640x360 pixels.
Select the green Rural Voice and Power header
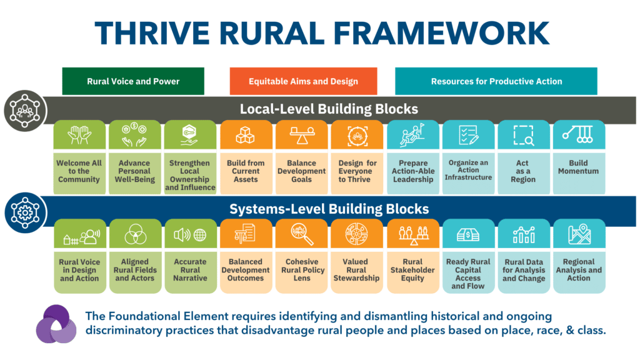click(133, 81)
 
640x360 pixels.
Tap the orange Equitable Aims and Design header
click(303, 81)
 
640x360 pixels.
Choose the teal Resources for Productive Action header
click(496, 81)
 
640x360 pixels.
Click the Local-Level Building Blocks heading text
click(329, 109)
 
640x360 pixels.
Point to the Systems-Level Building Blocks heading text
click(329, 209)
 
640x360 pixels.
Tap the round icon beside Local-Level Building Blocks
click(25, 111)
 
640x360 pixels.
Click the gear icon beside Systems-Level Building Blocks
click(25, 212)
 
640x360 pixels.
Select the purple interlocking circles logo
click(56, 324)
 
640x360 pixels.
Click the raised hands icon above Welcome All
click(79, 135)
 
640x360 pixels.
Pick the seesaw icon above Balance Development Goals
click(302, 135)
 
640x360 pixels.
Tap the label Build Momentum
click(578, 167)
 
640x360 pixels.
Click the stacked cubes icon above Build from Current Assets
click(245, 135)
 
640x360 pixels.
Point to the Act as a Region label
click(523, 171)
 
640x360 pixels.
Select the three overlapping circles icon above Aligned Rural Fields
click(135, 234)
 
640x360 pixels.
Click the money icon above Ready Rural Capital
click(467, 235)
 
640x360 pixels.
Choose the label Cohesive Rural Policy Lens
click(302, 270)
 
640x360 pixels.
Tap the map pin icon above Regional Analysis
click(579, 234)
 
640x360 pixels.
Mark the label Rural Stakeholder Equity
click(412, 270)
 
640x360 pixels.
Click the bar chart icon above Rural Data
click(524, 234)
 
